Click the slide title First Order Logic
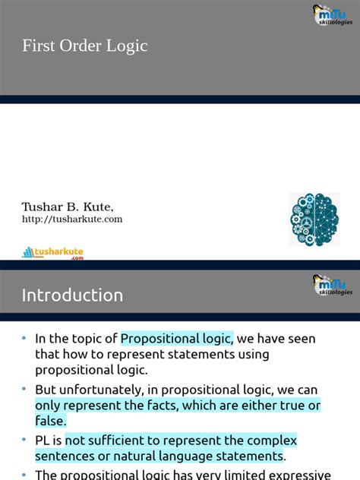tap(84, 46)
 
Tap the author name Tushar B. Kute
tap(68, 207)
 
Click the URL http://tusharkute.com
tap(72, 219)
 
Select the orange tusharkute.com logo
tap(53, 252)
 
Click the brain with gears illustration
tap(314, 219)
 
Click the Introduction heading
tap(72, 295)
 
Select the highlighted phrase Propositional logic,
tap(176, 339)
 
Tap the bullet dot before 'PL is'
tap(24, 441)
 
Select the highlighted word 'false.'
tap(51, 421)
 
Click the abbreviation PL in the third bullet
tap(43, 441)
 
